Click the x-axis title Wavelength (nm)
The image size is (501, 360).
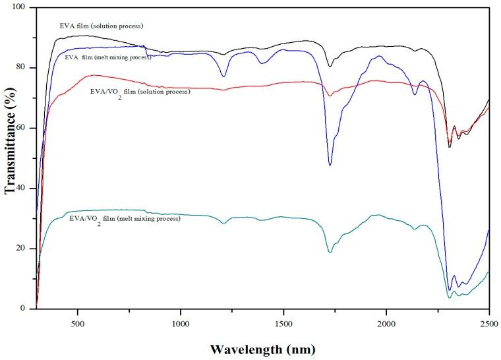(x=262, y=347)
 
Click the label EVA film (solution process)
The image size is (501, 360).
(x=102, y=26)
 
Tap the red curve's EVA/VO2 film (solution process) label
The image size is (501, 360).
(x=140, y=92)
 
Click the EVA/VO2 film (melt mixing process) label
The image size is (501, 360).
(x=125, y=218)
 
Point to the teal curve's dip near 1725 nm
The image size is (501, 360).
(x=330, y=252)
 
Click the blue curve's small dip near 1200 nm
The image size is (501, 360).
(x=223, y=76)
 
